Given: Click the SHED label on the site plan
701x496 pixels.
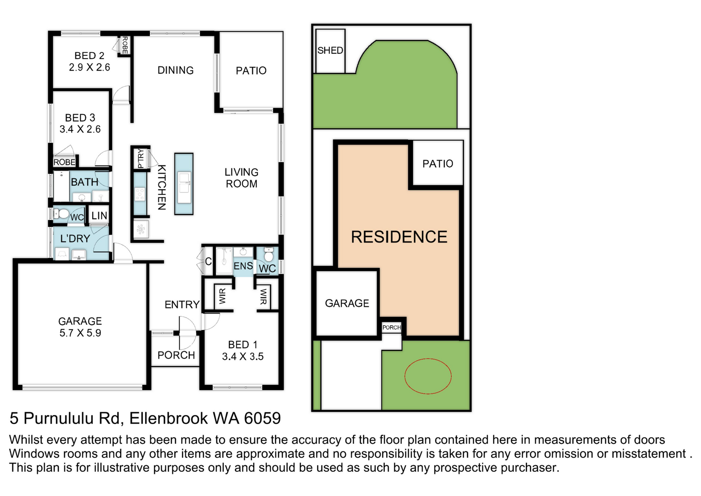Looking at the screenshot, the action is pyautogui.click(x=330, y=50).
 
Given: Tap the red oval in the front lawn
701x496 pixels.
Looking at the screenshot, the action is pyautogui.click(x=405, y=376).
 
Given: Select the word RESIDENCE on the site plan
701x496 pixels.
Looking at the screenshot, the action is pyautogui.click(x=399, y=237).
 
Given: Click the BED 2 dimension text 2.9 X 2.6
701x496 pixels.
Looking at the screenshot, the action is pyautogui.click(x=89, y=67).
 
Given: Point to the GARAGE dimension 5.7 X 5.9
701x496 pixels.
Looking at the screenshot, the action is pyautogui.click(x=80, y=333).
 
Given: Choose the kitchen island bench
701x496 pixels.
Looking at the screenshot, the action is pyautogui.click(x=184, y=184).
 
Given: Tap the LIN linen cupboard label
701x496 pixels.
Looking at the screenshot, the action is pyautogui.click(x=99, y=216).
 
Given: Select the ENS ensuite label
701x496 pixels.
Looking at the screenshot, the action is pyautogui.click(x=243, y=266).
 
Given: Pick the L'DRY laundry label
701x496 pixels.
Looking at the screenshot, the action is pyautogui.click(x=75, y=239).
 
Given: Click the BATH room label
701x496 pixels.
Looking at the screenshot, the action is pyautogui.click(x=85, y=182).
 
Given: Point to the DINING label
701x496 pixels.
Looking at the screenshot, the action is pyautogui.click(x=176, y=70).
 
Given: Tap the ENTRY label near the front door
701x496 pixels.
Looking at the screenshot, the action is pyautogui.click(x=182, y=305).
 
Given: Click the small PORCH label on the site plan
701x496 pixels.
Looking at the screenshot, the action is pyautogui.click(x=392, y=328).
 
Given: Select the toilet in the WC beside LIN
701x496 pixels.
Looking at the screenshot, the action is pyautogui.click(x=62, y=214).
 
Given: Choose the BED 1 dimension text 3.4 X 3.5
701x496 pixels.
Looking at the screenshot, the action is pyautogui.click(x=243, y=356).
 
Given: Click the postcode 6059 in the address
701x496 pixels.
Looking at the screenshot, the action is pyautogui.click(x=262, y=418).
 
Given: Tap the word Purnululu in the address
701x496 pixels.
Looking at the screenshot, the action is pyautogui.click(x=72, y=418).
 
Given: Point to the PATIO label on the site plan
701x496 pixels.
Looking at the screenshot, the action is pyautogui.click(x=438, y=164).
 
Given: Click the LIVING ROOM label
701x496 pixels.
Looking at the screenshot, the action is pyautogui.click(x=241, y=178).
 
